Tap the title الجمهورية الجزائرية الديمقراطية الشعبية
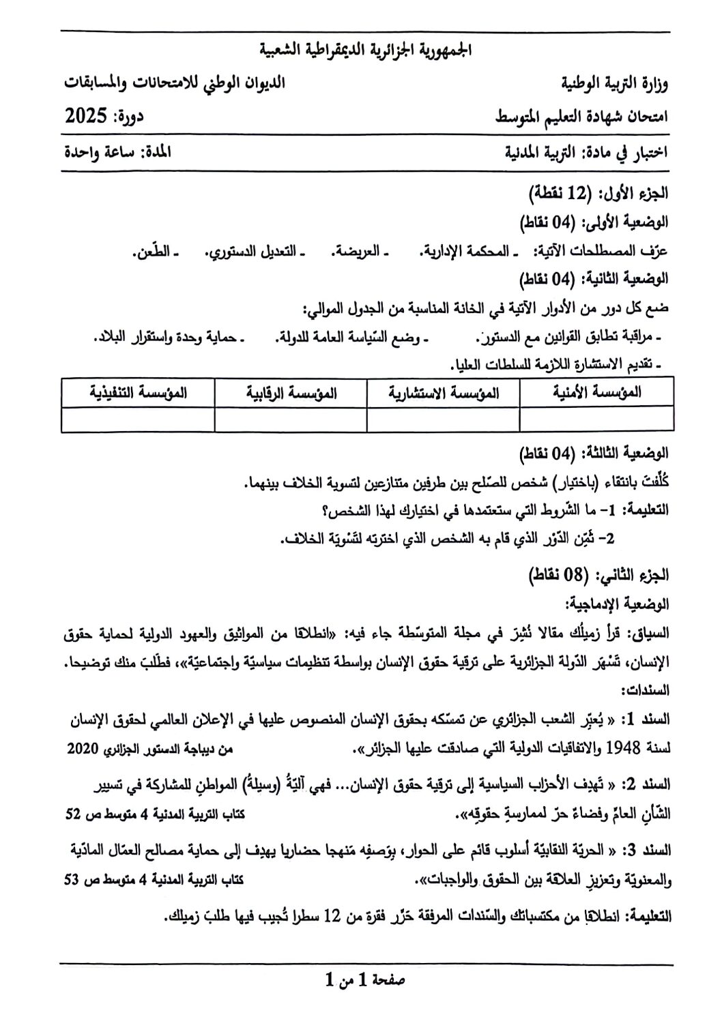(366, 50)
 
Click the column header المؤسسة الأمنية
(596, 392)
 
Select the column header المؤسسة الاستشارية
(443, 392)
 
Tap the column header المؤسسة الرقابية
(290, 392)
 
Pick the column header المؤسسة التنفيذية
(138, 392)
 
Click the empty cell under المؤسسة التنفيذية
(138, 419)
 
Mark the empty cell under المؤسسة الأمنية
(596, 419)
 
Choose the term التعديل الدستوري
(254, 251)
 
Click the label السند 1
(651, 719)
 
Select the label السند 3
(651, 850)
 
